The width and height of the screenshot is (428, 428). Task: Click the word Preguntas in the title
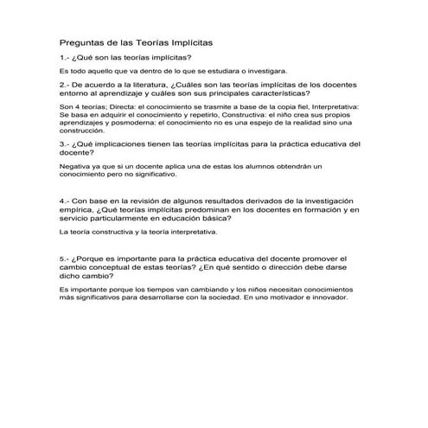tap(80, 41)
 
